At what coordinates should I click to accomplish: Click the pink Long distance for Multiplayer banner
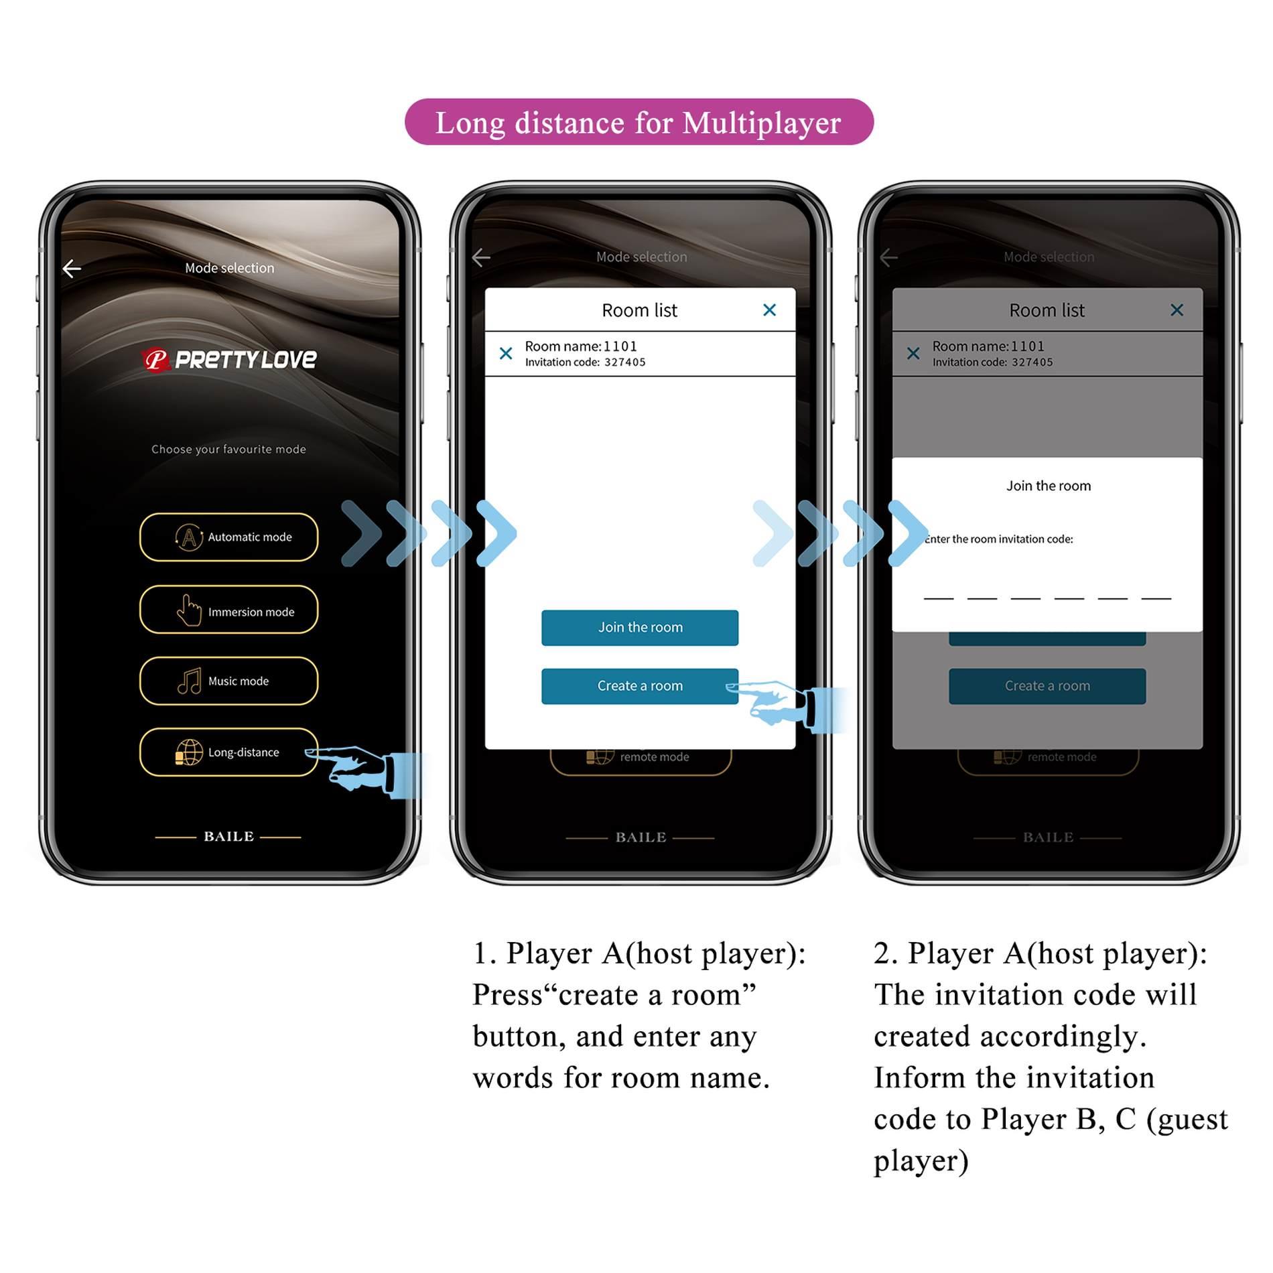[x=639, y=122]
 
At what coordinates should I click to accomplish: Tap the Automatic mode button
[x=228, y=537]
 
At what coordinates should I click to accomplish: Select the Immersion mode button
[x=228, y=610]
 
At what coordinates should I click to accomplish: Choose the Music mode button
[x=228, y=681]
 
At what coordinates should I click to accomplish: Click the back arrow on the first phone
[x=72, y=269]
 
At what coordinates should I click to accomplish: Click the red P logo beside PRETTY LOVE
[x=155, y=360]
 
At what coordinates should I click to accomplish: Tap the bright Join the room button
[x=639, y=627]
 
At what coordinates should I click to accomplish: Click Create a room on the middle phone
[x=639, y=685]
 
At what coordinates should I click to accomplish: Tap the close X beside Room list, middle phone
[x=769, y=310]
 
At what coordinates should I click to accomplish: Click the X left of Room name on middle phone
[x=506, y=353]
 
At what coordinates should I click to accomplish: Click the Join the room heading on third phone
[x=1048, y=486]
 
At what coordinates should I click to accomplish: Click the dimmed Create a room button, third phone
[x=1047, y=685]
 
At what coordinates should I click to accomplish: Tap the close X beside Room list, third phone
[x=1177, y=310]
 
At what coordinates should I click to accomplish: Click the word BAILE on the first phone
[x=228, y=836]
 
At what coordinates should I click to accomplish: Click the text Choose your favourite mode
[x=228, y=449]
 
